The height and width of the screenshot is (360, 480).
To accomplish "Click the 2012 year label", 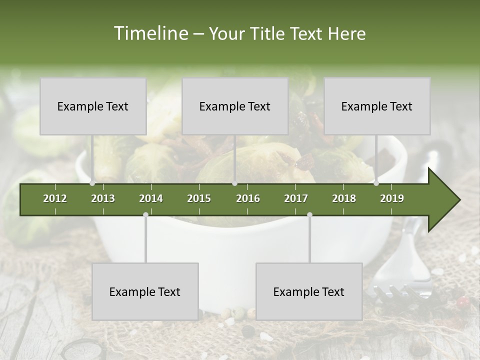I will (55, 198).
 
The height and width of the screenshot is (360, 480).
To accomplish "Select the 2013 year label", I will (103, 198).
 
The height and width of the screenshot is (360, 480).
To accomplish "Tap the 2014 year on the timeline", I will (151, 198).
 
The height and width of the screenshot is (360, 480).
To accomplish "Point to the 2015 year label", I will (199, 198).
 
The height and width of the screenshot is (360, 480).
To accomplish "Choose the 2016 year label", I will (248, 198).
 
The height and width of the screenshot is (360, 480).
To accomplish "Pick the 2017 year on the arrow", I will (296, 198).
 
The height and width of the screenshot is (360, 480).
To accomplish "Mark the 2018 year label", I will (344, 198).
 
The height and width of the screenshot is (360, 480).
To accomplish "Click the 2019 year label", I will (392, 198).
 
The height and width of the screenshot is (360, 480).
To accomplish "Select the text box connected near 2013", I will (93, 106).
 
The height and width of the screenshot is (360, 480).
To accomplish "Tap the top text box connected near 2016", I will (235, 106).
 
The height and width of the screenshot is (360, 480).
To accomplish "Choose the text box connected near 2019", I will (377, 106).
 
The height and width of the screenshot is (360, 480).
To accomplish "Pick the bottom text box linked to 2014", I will (145, 291).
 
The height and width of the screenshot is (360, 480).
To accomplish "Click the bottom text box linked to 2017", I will (309, 291).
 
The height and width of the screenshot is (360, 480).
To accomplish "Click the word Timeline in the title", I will (150, 33).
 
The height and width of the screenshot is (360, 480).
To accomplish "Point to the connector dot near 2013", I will (92, 183).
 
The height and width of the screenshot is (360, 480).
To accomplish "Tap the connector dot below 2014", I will (145, 215).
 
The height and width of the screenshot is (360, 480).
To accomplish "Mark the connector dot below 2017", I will (309, 215).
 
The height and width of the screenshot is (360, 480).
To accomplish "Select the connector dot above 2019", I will (376, 183).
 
